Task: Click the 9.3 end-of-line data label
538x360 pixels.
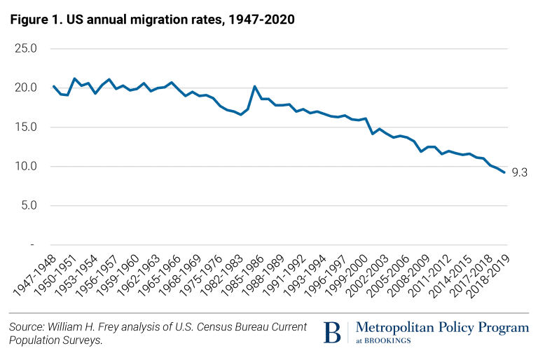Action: pos(519,172)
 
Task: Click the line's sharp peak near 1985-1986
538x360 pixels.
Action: pos(254,86)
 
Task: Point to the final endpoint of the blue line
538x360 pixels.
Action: pos(504,172)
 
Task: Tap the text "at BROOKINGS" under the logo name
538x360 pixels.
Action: pos(384,341)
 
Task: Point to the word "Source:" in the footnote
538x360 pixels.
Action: pos(26,326)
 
